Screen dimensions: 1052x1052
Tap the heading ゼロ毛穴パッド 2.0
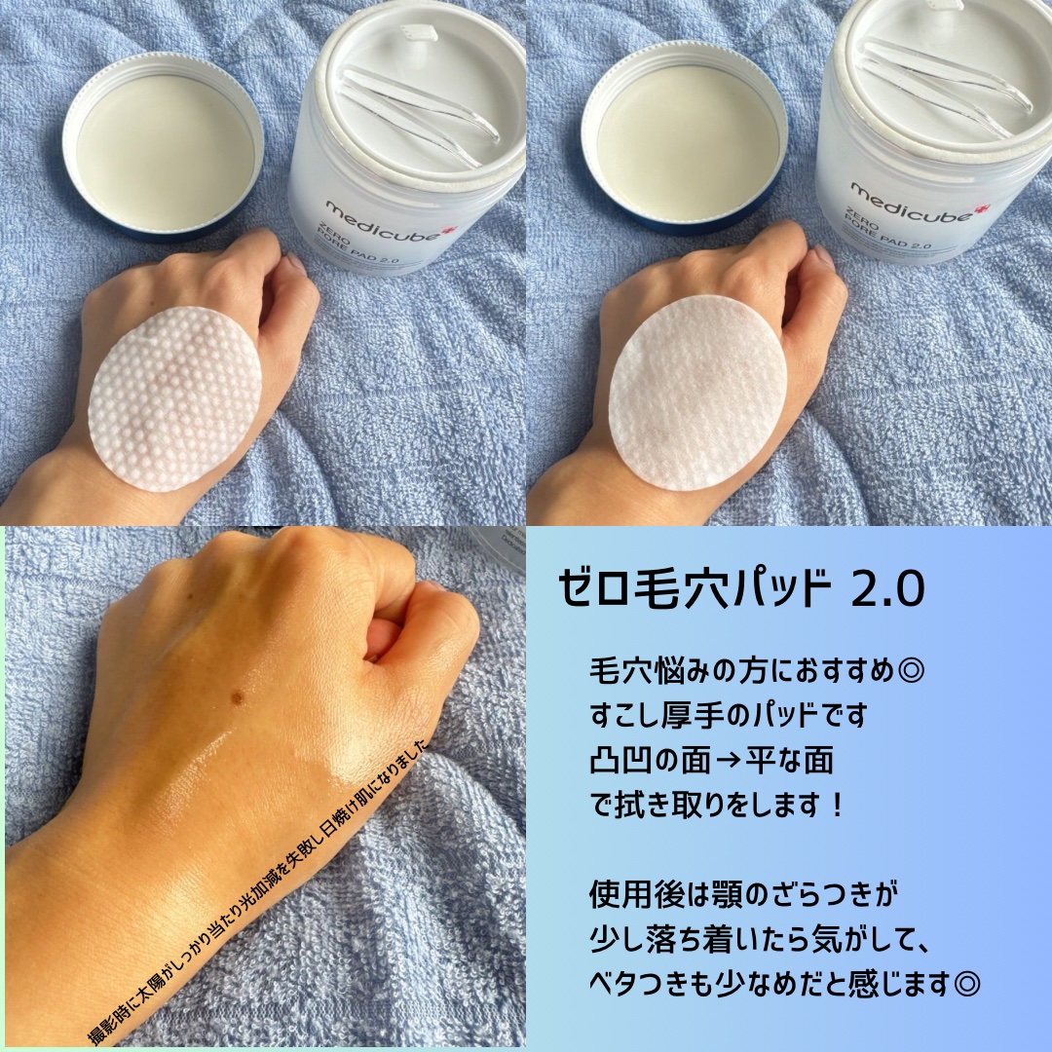[741, 589]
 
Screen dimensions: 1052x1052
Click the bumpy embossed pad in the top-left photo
[175, 399]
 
